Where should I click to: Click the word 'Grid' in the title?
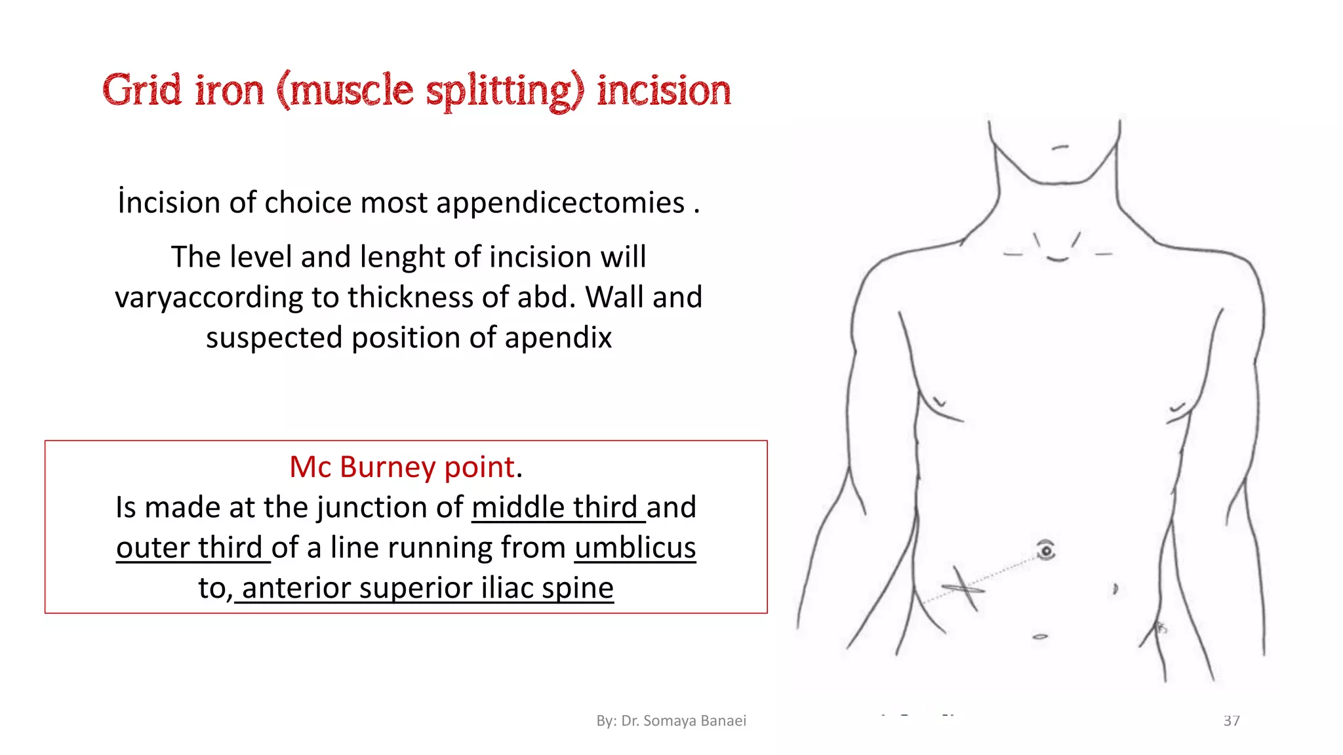[x=142, y=90]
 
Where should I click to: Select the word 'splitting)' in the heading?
[x=505, y=91]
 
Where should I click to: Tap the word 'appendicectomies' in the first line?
[x=561, y=203]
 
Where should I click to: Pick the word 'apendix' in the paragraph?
[x=558, y=338]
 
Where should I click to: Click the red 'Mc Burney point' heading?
[x=402, y=467]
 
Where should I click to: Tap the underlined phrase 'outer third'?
[x=190, y=548]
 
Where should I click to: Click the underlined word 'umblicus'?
[x=635, y=548]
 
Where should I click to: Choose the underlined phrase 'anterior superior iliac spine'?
[x=428, y=588]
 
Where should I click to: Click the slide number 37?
[x=1232, y=721]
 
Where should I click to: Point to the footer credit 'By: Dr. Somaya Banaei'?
[x=671, y=721]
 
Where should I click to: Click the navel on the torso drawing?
[x=1046, y=551]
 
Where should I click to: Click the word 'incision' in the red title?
[x=664, y=91]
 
